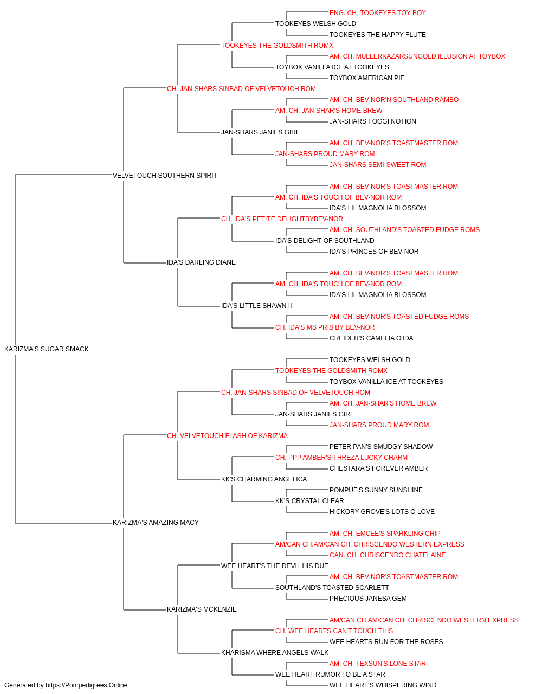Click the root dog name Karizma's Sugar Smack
point(47,349)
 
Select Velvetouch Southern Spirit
point(165,176)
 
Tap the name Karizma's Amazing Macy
point(156,523)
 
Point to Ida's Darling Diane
point(201,262)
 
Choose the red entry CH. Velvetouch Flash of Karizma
point(227,436)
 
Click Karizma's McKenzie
point(202,609)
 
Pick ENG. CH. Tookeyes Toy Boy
point(378,13)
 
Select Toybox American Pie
point(367,78)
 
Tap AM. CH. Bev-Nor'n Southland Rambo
point(394,100)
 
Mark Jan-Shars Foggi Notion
point(372,121)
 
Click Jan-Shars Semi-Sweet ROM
point(378,165)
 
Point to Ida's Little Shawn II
point(256,306)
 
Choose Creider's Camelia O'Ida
point(371,338)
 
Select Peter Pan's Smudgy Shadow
point(381,447)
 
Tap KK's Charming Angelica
point(264,479)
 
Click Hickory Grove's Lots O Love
point(382,512)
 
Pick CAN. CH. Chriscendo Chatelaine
point(388,555)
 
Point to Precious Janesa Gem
point(368,599)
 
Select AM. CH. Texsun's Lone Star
point(378,664)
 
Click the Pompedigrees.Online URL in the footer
point(87,685)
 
